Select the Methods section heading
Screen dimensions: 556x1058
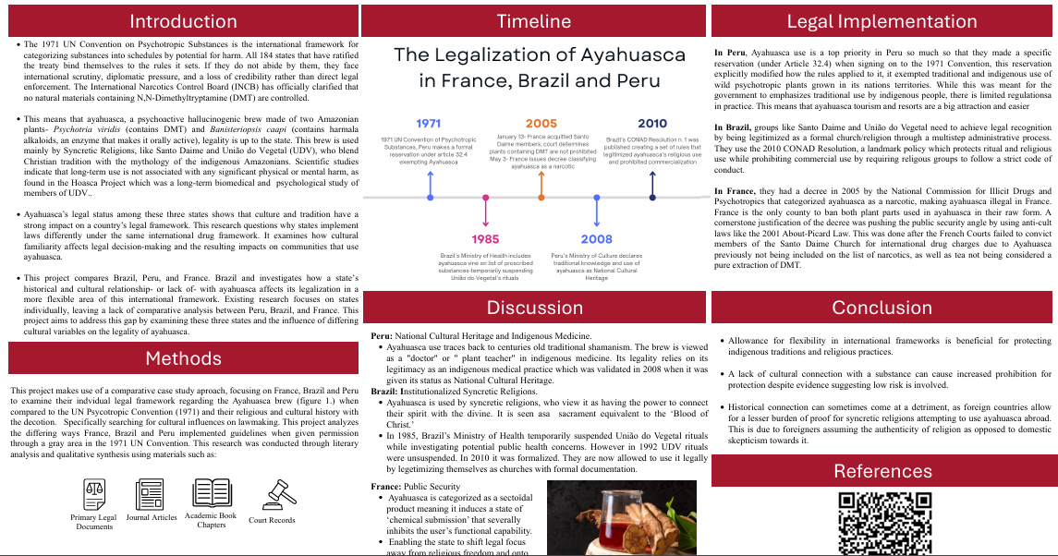183,358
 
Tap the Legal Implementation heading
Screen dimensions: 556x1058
881,21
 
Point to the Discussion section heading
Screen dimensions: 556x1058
535,308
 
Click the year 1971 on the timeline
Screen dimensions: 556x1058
429,124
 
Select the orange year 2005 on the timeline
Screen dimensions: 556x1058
541,124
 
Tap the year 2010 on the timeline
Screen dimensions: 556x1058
651,124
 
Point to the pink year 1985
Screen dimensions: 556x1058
485,240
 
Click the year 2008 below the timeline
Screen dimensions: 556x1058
596,240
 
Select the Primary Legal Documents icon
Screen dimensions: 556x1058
94,495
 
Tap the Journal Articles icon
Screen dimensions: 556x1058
152,495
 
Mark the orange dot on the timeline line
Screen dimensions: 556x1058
541,198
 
